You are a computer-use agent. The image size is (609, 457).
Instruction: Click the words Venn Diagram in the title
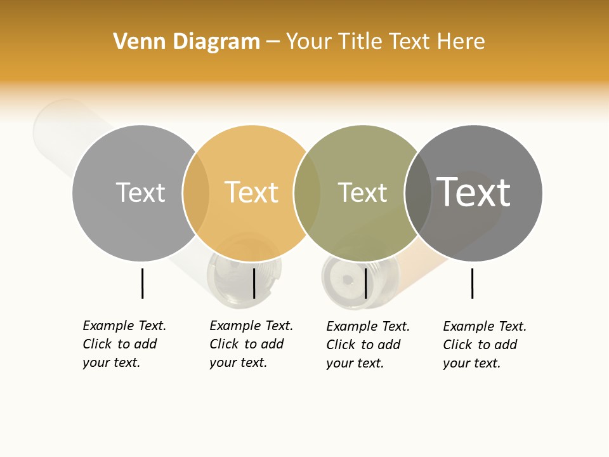click(x=187, y=42)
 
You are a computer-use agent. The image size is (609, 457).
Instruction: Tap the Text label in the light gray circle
click(x=140, y=192)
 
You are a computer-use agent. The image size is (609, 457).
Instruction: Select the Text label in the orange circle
click(x=251, y=192)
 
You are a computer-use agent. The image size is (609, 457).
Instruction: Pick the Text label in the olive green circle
click(x=362, y=192)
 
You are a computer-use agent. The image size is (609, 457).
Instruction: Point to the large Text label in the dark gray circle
click(x=473, y=192)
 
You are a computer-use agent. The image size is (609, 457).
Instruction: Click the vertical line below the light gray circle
click(x=142, y=283)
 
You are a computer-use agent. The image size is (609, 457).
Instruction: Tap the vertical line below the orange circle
click(x=254, y=283)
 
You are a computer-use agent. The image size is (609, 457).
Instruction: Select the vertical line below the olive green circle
click(x=365, y=283)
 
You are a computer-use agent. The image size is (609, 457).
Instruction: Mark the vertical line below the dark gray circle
click(x=472, y=283)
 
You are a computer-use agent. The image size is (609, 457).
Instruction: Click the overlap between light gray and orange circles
click(x=196, y=193)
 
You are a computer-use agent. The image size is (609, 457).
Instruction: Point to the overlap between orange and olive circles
click(x=307, y=193)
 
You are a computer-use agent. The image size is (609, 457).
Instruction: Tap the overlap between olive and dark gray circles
click(x=418, y=193)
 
